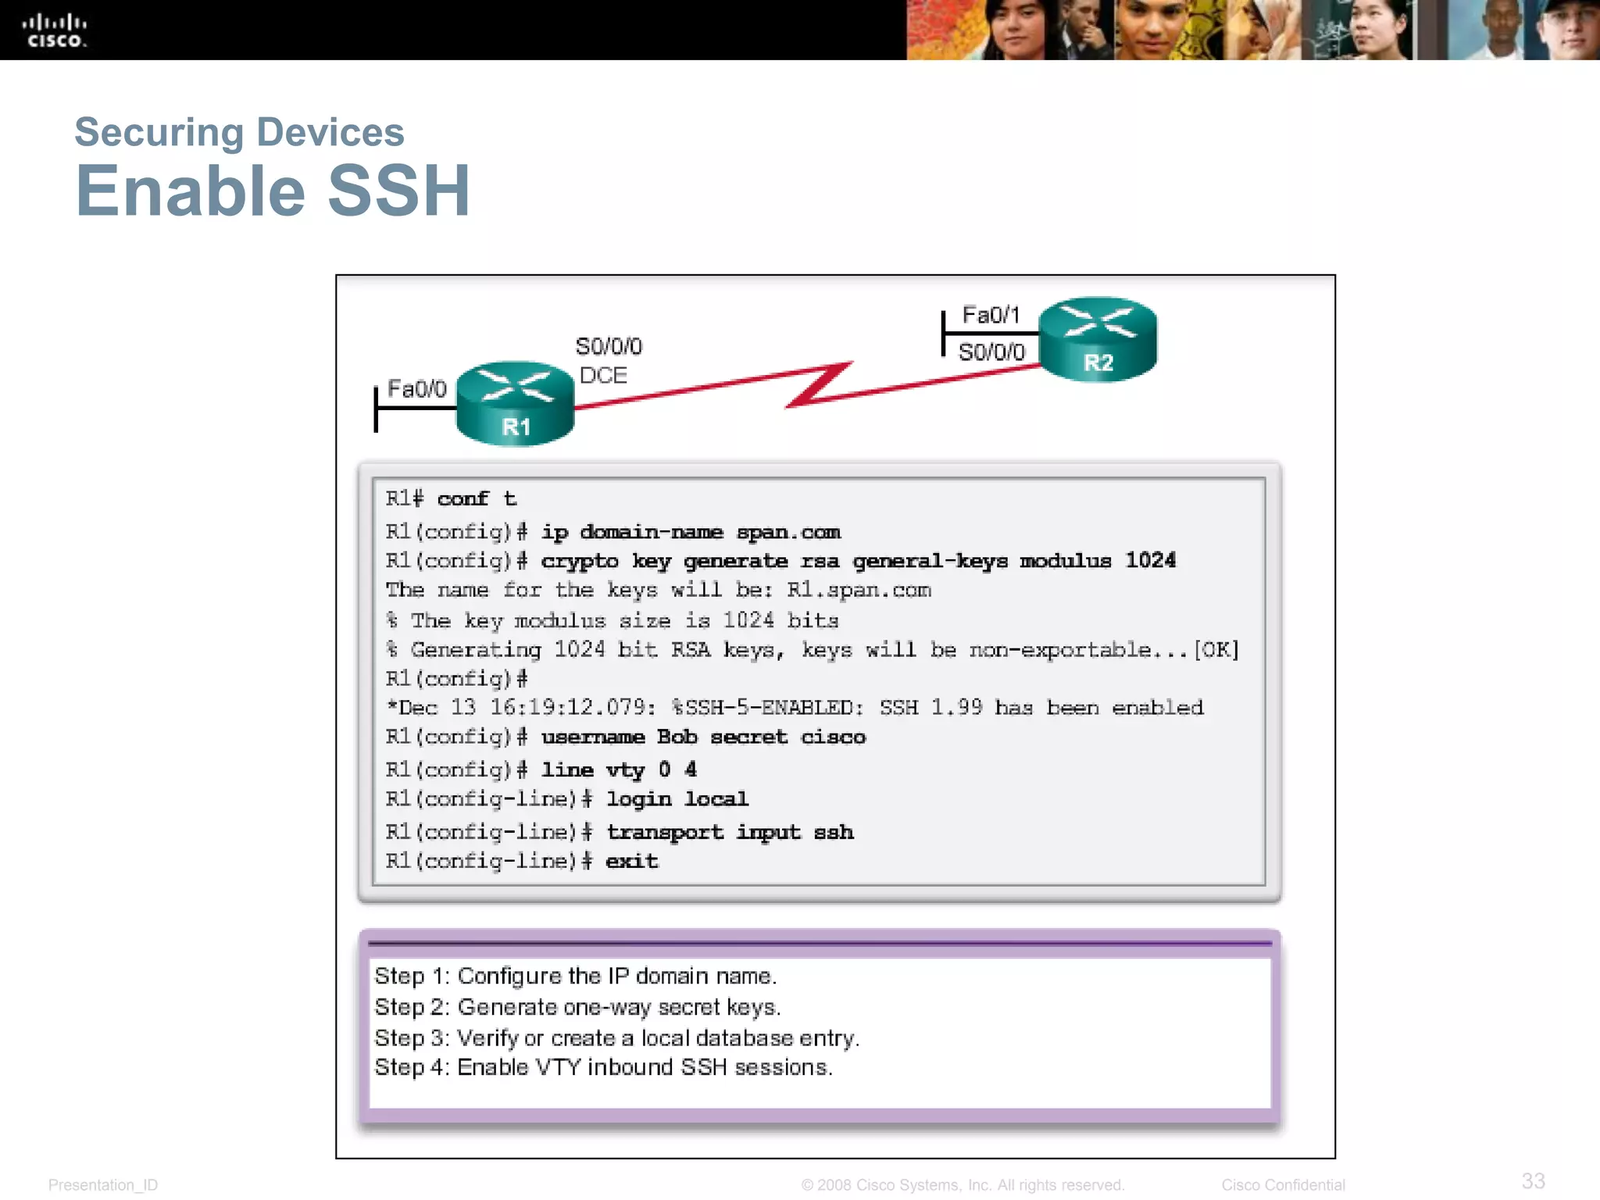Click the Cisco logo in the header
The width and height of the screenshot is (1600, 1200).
click(x=54, y=31)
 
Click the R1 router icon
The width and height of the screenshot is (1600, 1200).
click(x=515, y=403)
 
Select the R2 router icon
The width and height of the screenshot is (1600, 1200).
click(x=1098, y=339)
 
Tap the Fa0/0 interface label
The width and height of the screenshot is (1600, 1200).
click(x=416, y=388)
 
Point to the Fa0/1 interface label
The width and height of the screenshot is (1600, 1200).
click(x=991, y=315)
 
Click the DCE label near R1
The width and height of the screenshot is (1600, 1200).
click(x=603, y=375)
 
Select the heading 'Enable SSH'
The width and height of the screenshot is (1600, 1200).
click(x=273, y=191)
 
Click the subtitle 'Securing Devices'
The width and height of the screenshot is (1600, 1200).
click(x=239, y=131)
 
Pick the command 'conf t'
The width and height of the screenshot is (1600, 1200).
click(x=477, y=498)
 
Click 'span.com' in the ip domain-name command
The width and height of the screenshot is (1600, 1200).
click(x=788, y=532)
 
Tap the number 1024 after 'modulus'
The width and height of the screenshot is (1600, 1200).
click(x=1150, y=560)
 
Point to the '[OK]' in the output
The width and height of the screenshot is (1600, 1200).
click(x=1216, y=650)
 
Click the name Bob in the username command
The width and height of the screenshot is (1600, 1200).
click(x=677, y=737)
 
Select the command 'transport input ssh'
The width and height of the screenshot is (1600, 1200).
click(x=730, y=832)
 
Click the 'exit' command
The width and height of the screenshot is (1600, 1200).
click(x=631, y=861)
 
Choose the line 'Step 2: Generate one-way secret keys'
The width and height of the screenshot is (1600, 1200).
click(x=577, y=1007)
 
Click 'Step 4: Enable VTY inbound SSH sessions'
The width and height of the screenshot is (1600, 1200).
click(x=603, y=1067)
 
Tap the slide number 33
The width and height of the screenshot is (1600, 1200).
click(x=1533, y=1180)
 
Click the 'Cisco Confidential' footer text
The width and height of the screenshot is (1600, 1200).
click(x=1283, y=1184)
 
